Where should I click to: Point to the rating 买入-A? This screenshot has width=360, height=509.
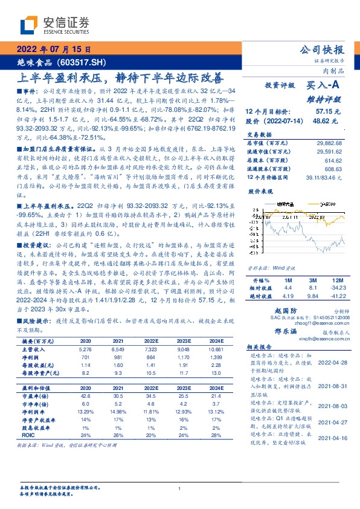(x=323, y=86)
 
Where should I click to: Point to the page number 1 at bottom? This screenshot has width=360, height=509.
(x=179, y=488)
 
